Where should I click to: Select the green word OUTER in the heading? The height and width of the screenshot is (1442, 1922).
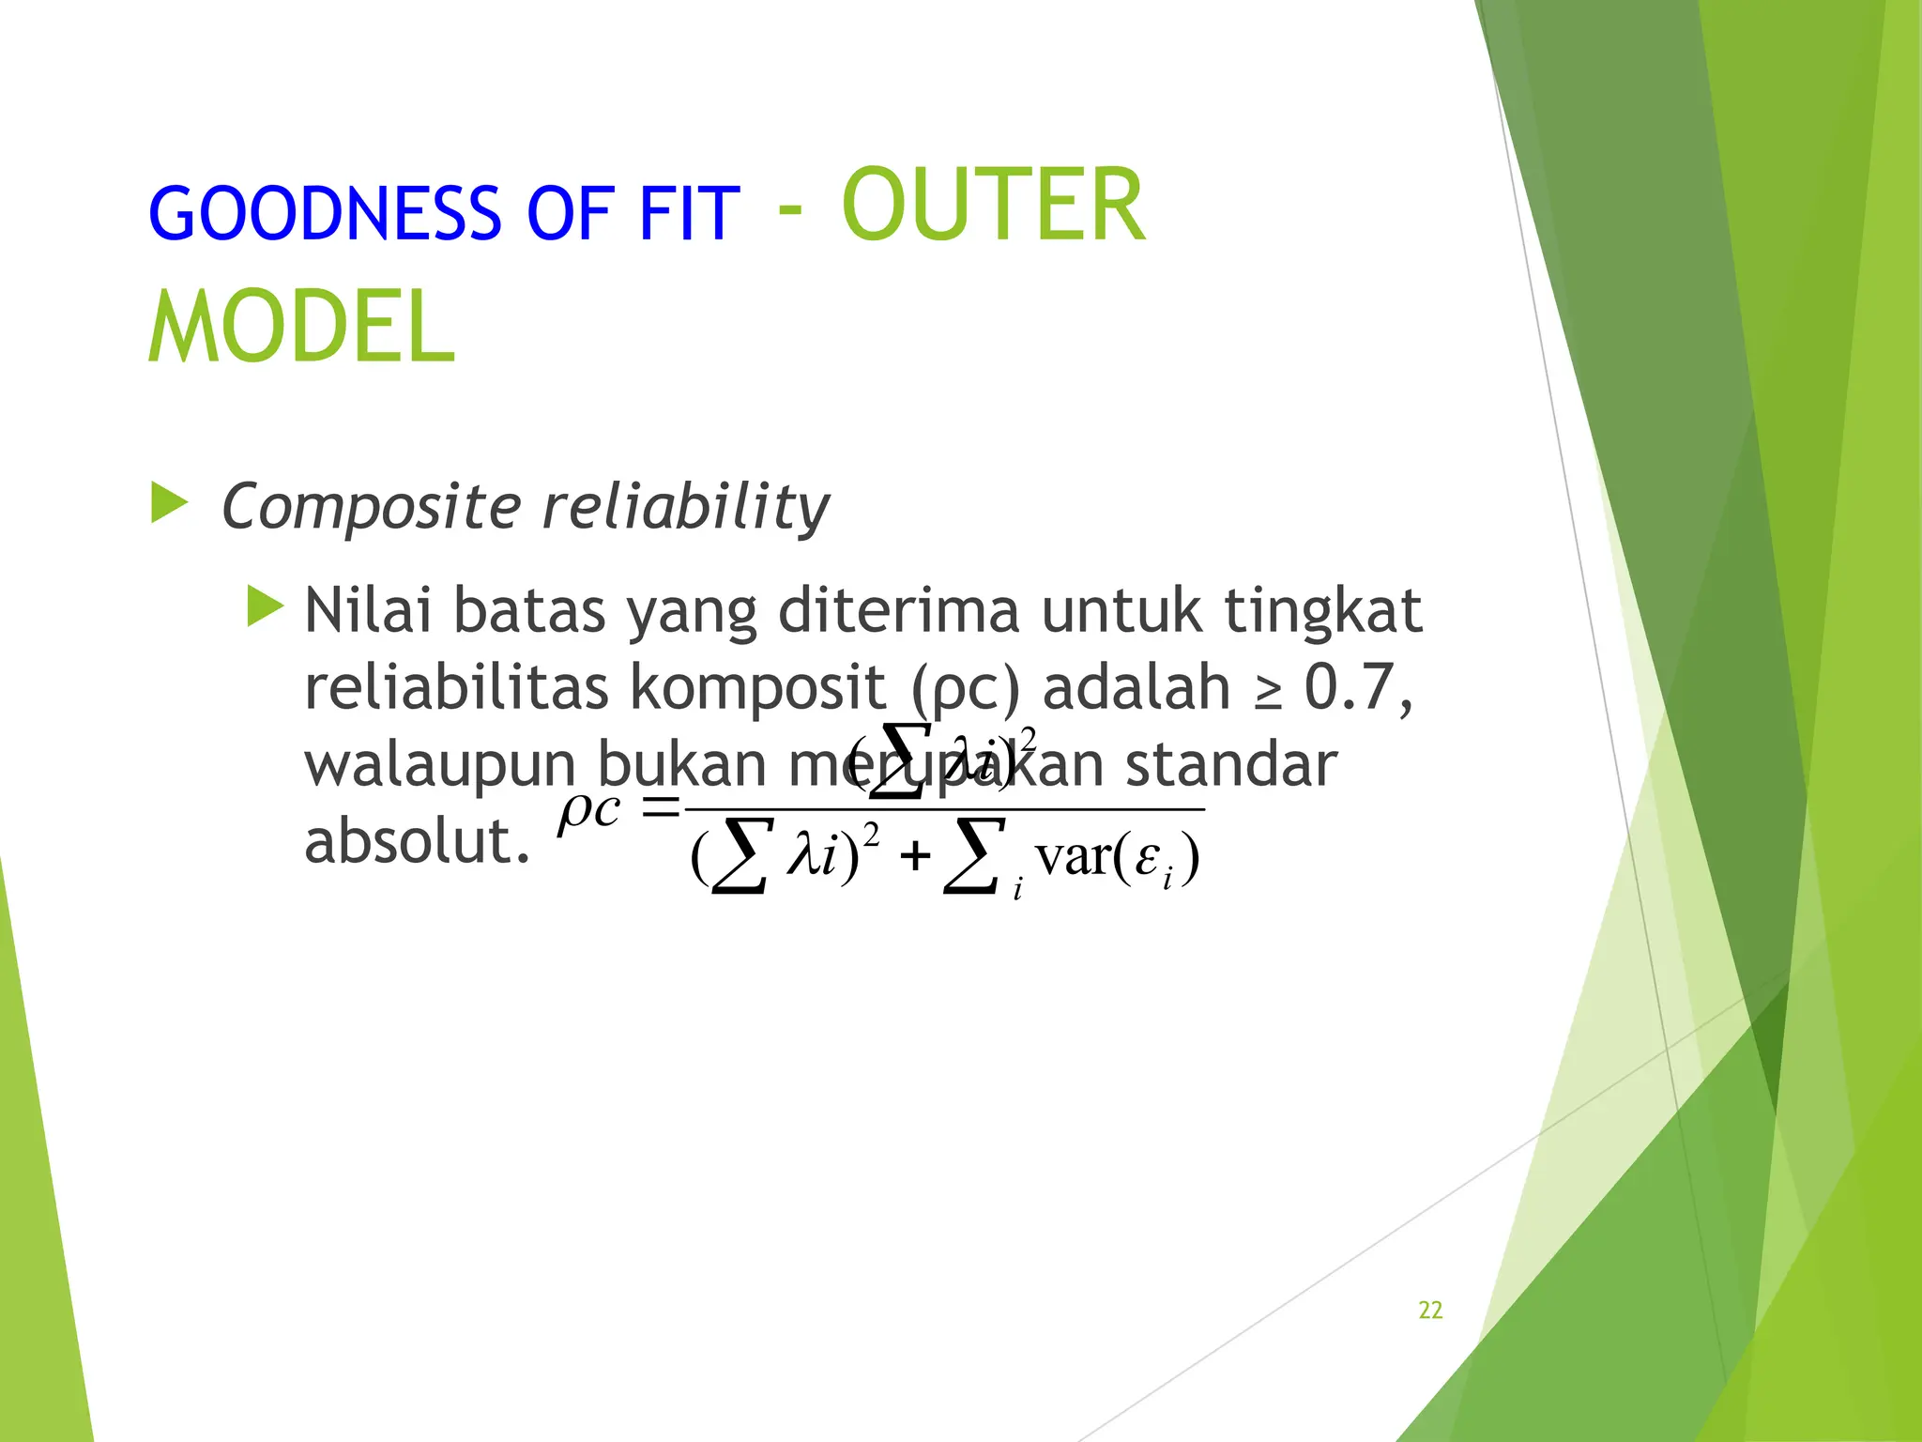click(x=993, y=207)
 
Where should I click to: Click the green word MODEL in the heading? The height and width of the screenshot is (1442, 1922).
click(x=302, y=327)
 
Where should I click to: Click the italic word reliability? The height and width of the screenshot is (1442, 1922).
click(x=686, y=508)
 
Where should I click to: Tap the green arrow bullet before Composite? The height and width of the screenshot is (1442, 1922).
click(x=170, y=503)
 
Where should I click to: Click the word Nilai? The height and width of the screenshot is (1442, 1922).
click(x=368, y=611)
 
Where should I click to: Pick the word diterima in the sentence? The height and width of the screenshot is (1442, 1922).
click(x=898, y=611)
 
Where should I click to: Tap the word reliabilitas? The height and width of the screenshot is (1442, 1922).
click(x=457, y=687)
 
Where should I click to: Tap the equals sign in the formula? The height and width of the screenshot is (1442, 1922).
click(x=659, y=806)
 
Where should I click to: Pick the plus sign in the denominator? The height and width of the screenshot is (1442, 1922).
click(x=914, y=857)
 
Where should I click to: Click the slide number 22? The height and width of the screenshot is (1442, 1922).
click(x=1430, y=1310)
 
